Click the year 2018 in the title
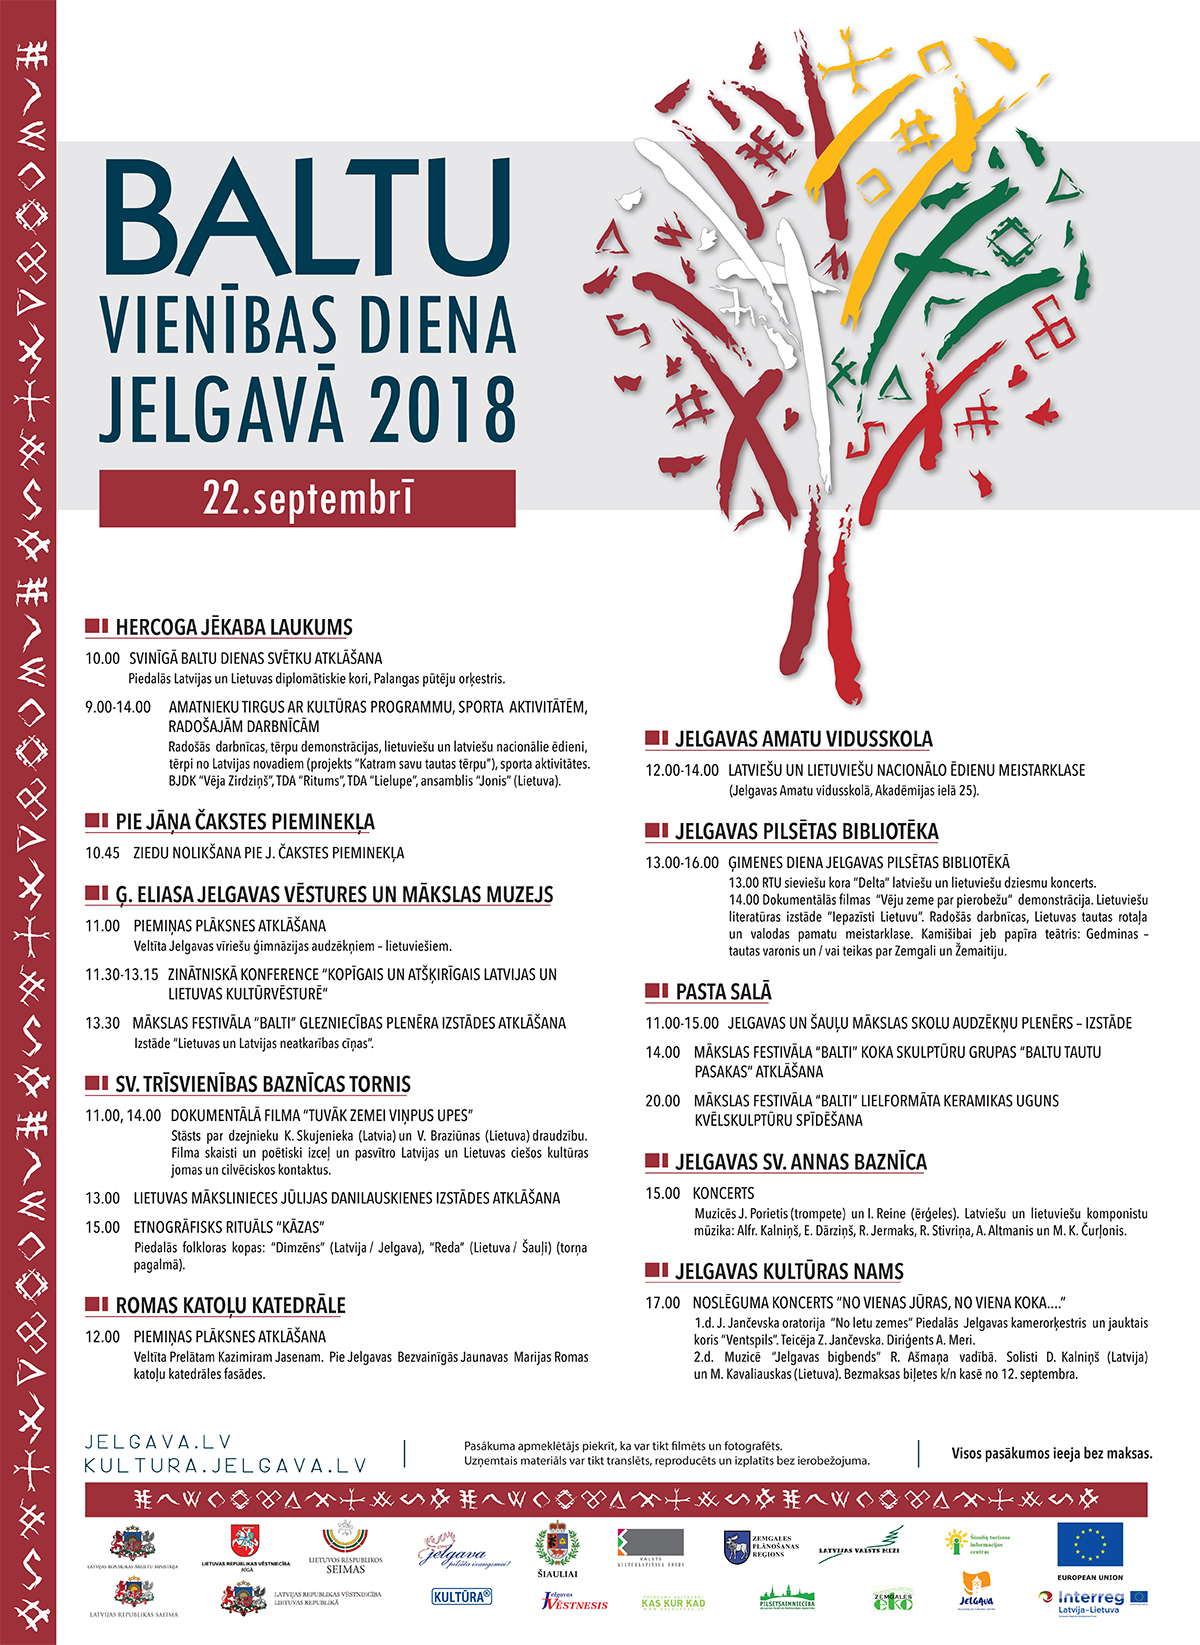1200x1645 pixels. pyautogui.click(x=443, y=409)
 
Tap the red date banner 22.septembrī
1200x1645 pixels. pyautogui.click(x=307, y=498)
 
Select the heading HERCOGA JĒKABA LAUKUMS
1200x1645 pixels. pyautogui.click(x=234, y=628)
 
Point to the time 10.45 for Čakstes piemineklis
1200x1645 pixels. pyautogui.click(x=102, y=853)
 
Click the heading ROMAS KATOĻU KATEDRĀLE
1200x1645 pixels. pyautogui.click(x=230, y=1306)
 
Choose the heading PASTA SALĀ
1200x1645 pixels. pyautogui.click(x=723, y=992)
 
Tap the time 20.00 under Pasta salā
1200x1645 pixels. pyautogui.click(x=662, y=1101)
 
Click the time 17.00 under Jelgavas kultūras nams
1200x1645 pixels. pyautogui.click(x=662, y=1303)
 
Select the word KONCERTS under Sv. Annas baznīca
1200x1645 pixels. pyautogui.click(x=723, y=1193)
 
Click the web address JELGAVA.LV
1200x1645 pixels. pyautogui.click(x=158, y=1442)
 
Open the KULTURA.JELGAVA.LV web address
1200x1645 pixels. pyautogui.click(x=225, y=1466)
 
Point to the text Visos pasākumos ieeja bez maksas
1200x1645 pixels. pyautogui.click(x=1052, y=1453)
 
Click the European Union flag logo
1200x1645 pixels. pyautogui.click(x=1090, y=1544)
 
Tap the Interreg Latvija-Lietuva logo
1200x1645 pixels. pyautogui.click(x=1092, y=1602)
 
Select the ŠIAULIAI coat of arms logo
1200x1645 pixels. pyautogui.click(x=557, y=1549)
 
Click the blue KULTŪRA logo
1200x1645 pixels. pyautogui.click(x=462, y=1597)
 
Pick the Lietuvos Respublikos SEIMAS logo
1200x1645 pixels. pyautogui.click(x=345, y=1549)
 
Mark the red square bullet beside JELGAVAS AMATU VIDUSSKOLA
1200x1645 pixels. pyautogui.click(x=657, y=739)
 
